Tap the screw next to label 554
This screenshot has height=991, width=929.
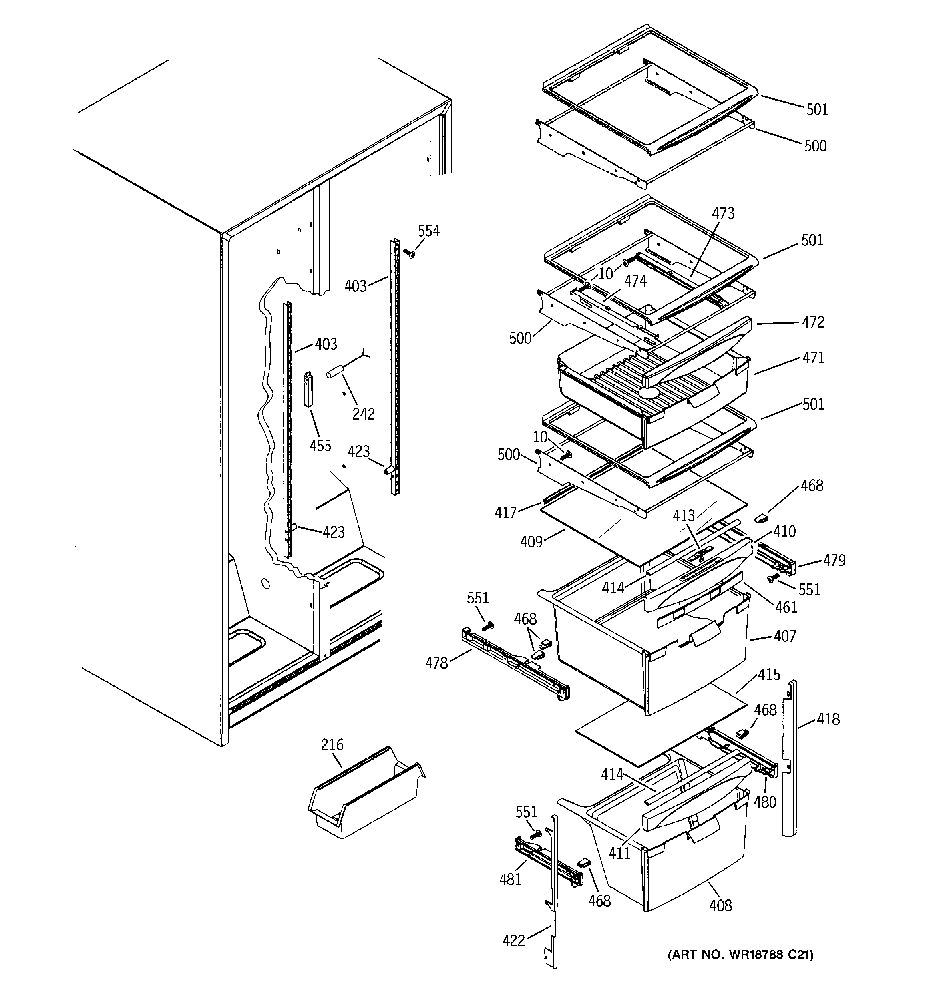(x=410, y=254)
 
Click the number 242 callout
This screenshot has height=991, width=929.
(x=363, y=414)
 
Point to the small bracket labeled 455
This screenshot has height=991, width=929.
(x=309, y=391)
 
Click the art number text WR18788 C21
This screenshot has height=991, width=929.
(x=740, y=954)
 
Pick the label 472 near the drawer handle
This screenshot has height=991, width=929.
(x=813, y=322)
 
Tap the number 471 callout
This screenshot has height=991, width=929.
(x=813, y=358)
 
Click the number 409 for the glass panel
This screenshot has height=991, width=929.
(x=531, y=541)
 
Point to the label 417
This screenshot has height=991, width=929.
(x=505, y=512)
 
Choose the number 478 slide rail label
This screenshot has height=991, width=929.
(x=436, y=663)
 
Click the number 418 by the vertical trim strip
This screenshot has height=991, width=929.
(x=828, y=719)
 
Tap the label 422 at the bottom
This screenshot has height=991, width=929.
(x=514, y=940)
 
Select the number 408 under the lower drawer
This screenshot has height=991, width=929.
(x=720, y=905)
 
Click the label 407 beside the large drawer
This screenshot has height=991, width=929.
(x=784, y=636)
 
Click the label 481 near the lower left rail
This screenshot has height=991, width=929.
(x=510, y=879)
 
